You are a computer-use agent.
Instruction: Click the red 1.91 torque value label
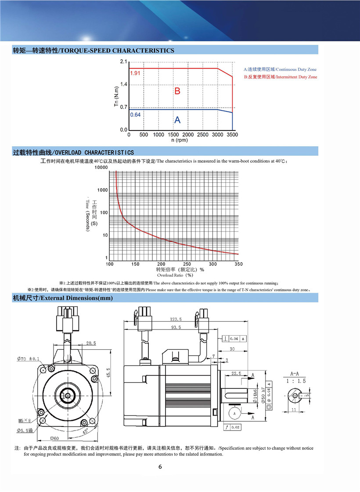[135, 73]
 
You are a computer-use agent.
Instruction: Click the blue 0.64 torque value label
[135, 115]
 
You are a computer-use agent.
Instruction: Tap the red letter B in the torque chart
[177, 91]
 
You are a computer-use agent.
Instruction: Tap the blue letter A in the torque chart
[177, 119]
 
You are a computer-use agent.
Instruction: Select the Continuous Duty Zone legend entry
[280, 69]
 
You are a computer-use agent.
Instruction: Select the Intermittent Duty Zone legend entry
[280, 77]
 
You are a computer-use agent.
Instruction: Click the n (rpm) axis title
[179, 140]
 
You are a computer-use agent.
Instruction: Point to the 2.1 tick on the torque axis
[123, 62]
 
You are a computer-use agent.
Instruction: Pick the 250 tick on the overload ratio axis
[187, 264]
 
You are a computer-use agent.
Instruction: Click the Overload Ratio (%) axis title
[175, 275]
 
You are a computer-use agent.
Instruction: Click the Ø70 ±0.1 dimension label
[29, 359]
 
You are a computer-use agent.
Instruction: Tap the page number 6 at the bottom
[160, 467]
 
